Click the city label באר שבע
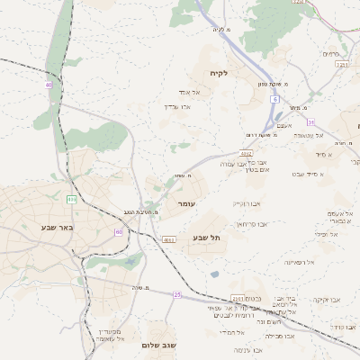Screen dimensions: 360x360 56,227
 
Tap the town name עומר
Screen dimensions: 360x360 186,204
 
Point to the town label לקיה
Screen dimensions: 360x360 219,73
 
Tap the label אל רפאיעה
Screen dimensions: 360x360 299,262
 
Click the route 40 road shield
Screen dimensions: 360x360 49,85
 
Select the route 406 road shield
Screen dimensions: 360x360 71,198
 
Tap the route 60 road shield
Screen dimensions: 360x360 119,231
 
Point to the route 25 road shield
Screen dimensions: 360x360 177,294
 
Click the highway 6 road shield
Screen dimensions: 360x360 274,98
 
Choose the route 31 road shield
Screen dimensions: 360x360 310,121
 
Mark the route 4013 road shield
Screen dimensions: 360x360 168,239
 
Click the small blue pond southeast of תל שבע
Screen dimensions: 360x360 214,274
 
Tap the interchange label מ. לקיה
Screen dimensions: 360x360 221,30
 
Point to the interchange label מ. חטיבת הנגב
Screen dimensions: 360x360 141,212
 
